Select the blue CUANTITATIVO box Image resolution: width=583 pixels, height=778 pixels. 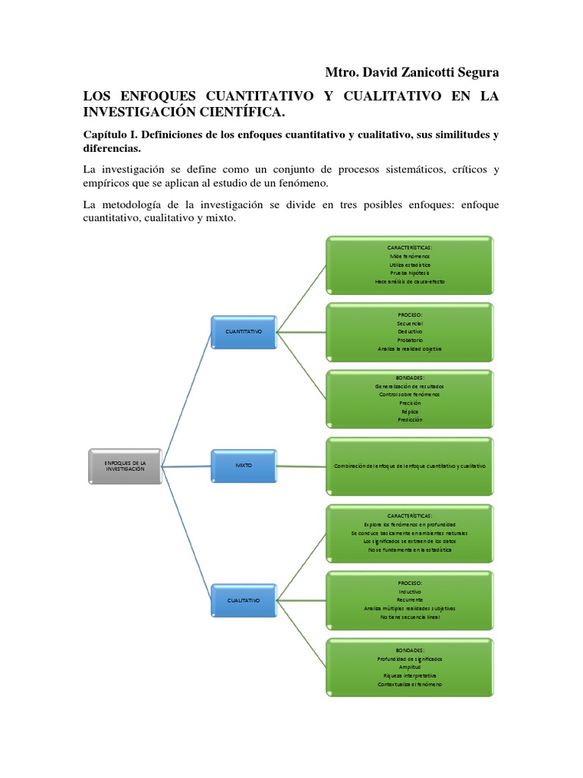pos(244,332)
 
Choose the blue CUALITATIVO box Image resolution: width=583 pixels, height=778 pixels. pos(244,599)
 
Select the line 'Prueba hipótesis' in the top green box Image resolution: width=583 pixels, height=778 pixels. pos(410,273)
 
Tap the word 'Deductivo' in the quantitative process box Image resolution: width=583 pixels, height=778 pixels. pos(410,331)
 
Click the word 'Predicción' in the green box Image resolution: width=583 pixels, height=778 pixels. pos(410,419)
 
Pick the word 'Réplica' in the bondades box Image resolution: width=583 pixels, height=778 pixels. pos(410,411)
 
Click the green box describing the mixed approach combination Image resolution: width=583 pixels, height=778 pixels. pos(410,464)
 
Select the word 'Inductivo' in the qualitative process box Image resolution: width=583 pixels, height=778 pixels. pos(410,591)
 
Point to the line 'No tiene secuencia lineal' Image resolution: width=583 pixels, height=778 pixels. pos(410,617)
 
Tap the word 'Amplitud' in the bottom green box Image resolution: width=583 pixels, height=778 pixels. pos(410,666)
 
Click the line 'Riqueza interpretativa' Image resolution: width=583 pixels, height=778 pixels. pos(410,675)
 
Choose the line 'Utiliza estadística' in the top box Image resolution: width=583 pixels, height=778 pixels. pos(410,264)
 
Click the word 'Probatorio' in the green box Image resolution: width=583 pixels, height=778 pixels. pos(410,340)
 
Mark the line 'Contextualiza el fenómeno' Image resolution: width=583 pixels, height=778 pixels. pos(410,684)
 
